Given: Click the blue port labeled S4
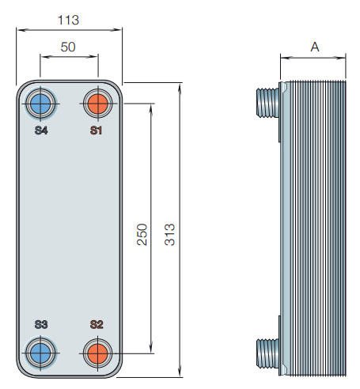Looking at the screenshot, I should (40, 103).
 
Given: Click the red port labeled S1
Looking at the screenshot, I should (97, 103).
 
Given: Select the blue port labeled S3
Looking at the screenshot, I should (40, 350).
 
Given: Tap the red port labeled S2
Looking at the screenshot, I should (97, 350).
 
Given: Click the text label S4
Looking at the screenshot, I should (41, 130).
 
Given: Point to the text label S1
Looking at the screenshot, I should (97, 130).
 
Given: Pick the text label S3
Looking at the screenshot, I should (41, 324).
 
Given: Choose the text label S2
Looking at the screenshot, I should (97, 324).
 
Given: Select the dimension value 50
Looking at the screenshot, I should (68, 47).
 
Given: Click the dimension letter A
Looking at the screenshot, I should (314, 47).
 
